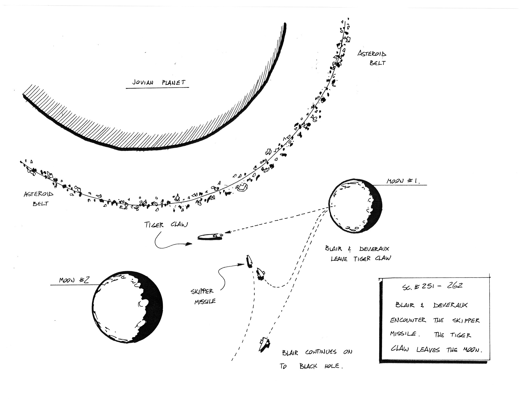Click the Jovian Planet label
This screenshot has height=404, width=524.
pos(158,82)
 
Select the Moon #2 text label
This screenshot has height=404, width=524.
pos(74,280)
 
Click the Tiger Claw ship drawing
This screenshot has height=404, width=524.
pos(210,237)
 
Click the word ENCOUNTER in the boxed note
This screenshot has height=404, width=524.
pos(408,320)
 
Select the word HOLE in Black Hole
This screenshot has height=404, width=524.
pos(332,366)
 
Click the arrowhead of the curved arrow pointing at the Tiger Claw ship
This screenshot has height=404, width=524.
pos(189,244)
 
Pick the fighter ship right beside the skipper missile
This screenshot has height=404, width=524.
pos(260,274)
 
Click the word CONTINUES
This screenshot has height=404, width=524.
pos(321,352)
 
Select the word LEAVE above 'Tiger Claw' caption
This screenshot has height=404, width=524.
pos(339,259)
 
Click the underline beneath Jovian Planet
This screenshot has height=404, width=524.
pos(157,88)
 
